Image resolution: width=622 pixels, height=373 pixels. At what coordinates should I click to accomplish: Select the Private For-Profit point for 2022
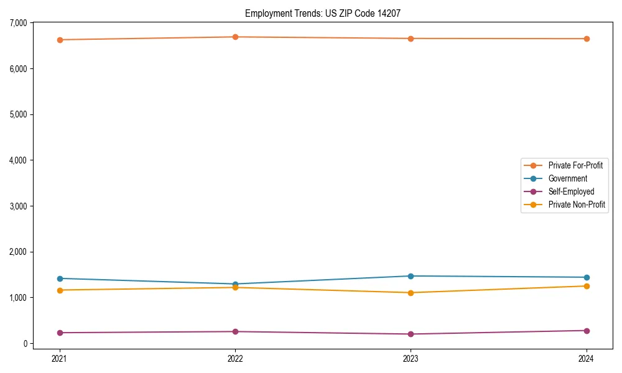[x=235, y=37]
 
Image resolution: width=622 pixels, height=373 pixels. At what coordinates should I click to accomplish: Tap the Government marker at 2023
[x=411, y=276]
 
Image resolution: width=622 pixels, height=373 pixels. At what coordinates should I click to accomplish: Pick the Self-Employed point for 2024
[x=587, y=331]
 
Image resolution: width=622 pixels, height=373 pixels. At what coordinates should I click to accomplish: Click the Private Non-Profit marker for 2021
[x=60, y=290]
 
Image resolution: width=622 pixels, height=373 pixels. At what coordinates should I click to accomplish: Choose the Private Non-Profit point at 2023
[x=411, y=293]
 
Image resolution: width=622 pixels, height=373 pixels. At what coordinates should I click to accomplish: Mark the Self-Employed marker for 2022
[x=235, y=331]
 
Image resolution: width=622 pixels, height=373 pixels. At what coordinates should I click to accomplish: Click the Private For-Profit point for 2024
[x=587, y=39]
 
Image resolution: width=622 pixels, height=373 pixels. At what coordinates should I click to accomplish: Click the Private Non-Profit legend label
[x=577, y=205]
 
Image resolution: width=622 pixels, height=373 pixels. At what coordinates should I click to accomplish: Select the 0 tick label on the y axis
[x=26, y=344]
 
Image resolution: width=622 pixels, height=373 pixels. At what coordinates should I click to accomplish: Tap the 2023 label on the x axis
[x=411, y=358]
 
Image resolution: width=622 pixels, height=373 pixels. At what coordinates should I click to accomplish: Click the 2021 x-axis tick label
[x=60, y=358]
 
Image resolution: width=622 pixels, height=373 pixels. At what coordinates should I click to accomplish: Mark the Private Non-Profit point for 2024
[x=587, y=286]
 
